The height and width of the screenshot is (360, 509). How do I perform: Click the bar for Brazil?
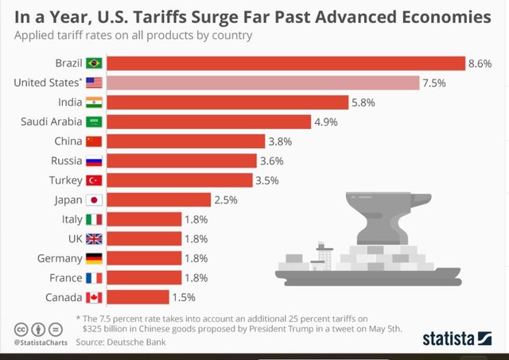pos(286,63)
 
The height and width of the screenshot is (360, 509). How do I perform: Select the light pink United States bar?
pos(262,83)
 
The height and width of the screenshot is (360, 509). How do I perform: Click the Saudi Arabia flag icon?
pos(94,122)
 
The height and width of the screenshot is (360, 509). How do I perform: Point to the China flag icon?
pos(94,141)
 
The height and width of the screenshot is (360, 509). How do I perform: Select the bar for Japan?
pos(158,199)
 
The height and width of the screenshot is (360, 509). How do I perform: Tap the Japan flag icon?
pos(94,199)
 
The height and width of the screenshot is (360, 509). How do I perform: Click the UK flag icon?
pos(94,238)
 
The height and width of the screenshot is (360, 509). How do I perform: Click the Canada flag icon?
pos(94,297)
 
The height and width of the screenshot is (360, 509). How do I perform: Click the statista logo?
pos(457,337)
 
